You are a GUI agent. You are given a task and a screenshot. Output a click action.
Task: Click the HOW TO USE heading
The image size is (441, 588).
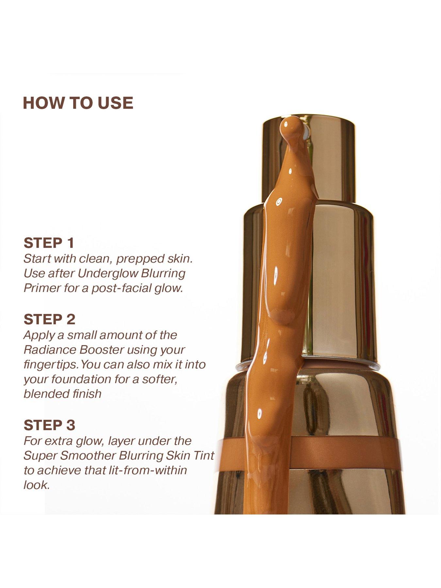[x=78, y=103]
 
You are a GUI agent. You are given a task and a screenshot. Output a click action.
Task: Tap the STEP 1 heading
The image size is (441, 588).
[x=49, y=243]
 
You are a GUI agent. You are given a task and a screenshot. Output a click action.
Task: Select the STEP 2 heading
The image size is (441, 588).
[x=49, y=319]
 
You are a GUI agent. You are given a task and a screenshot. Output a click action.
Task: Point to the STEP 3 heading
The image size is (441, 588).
[x=49, y=425]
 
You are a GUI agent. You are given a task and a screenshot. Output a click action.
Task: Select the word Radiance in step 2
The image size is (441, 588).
[x=50, y=350]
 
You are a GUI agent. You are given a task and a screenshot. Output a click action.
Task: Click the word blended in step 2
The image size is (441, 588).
[x=41, y=394]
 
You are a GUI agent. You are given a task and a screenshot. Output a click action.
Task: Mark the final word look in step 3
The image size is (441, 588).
[x=37, y=485]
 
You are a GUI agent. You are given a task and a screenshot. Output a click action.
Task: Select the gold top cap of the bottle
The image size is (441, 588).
[x=309, y=160]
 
